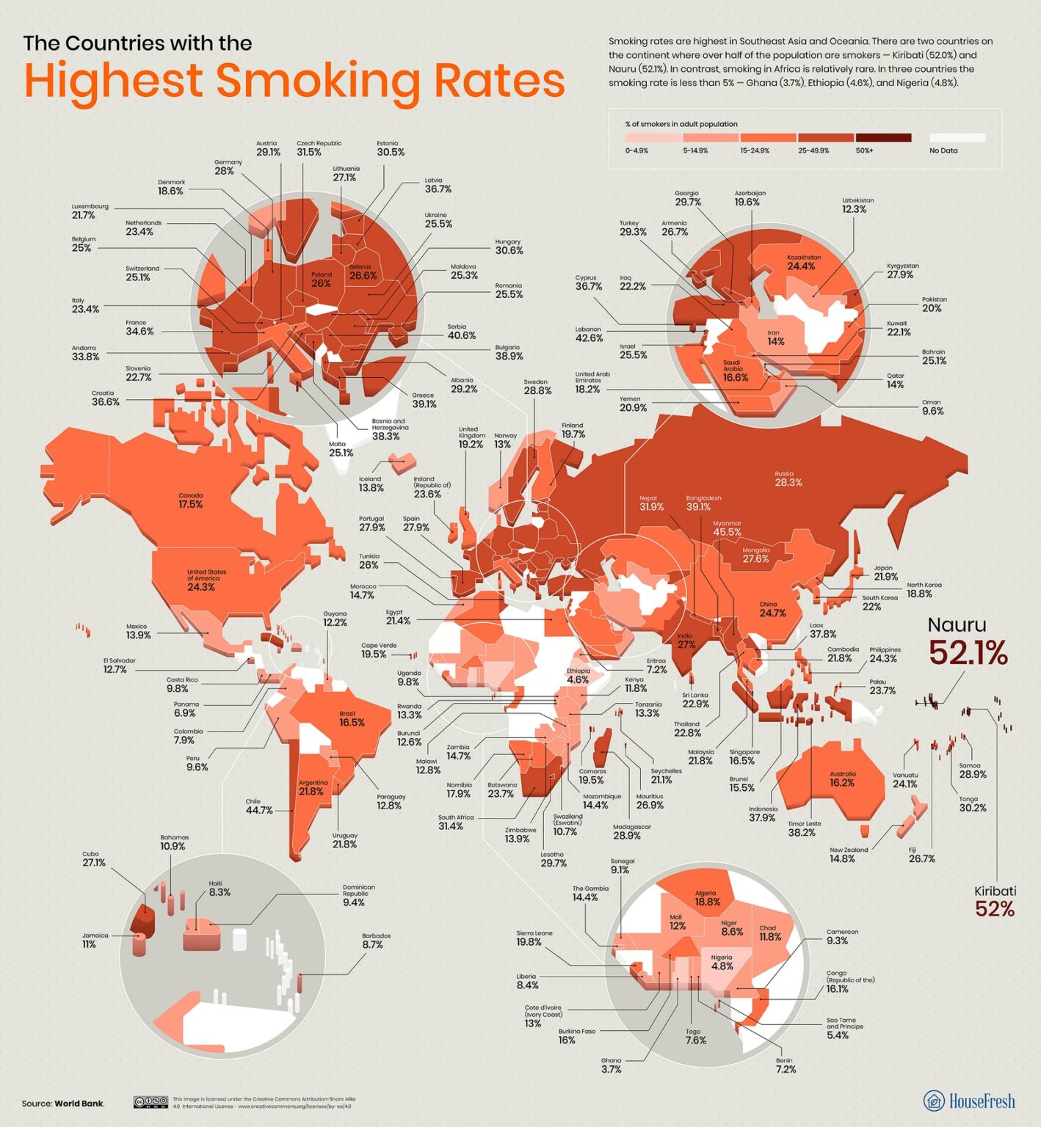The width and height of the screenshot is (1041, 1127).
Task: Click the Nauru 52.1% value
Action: [968, 652]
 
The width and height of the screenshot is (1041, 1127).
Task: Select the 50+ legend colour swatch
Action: [883, 137]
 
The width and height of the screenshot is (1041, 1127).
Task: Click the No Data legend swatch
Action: [957, 137]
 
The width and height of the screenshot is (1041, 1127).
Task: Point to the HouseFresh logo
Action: [969, 1101]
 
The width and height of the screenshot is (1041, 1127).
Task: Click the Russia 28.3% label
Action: [788, 479]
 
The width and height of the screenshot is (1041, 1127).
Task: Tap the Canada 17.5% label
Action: [190, 501]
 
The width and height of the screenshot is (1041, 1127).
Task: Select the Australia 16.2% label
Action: [842, 779]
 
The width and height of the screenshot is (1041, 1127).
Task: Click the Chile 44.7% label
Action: [258, 806]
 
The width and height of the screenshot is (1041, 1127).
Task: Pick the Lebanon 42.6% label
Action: [589, 335]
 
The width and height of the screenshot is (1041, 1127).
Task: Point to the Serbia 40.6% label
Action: [461, 332]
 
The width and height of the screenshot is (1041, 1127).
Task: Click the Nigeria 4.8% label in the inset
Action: [722, 963]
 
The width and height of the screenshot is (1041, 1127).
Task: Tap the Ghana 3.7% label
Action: [611, 1065]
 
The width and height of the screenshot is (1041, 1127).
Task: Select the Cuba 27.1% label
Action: [93, 859]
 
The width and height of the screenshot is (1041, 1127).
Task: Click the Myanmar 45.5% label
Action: [727, 528]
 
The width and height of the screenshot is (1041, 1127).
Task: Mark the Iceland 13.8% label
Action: [371, 484]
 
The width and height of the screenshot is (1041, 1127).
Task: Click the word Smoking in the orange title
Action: [318, 81]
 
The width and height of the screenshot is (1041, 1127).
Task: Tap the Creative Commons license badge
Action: [150, 1102]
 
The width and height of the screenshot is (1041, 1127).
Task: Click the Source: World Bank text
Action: [63, 1103]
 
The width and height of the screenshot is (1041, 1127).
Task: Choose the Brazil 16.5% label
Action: [351, 719]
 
